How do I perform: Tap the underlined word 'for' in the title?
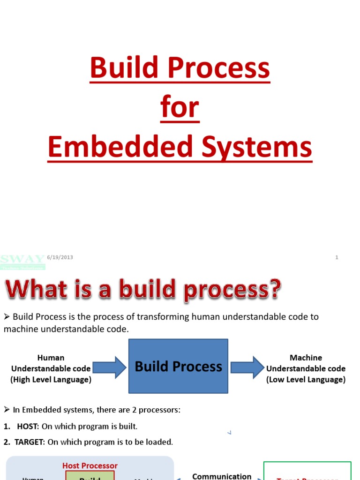pos(180,107)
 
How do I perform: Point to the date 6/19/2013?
pos(60,257)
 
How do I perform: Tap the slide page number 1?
pos(337,257)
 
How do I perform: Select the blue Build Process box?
pos(178,366)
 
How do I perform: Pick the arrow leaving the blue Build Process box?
pos(247,367)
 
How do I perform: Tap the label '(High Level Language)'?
pos(51,380)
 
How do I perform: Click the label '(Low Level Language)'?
pos(306,380)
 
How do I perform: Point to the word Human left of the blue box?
pos(51,358)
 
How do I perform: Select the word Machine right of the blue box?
pos(306,358)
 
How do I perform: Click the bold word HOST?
pos(28,427)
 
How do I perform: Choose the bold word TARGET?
pos(30,442)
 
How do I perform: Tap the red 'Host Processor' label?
pos(90,465)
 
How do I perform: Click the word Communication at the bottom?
pos(222,476)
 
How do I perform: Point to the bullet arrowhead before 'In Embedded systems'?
pos(7,410)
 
